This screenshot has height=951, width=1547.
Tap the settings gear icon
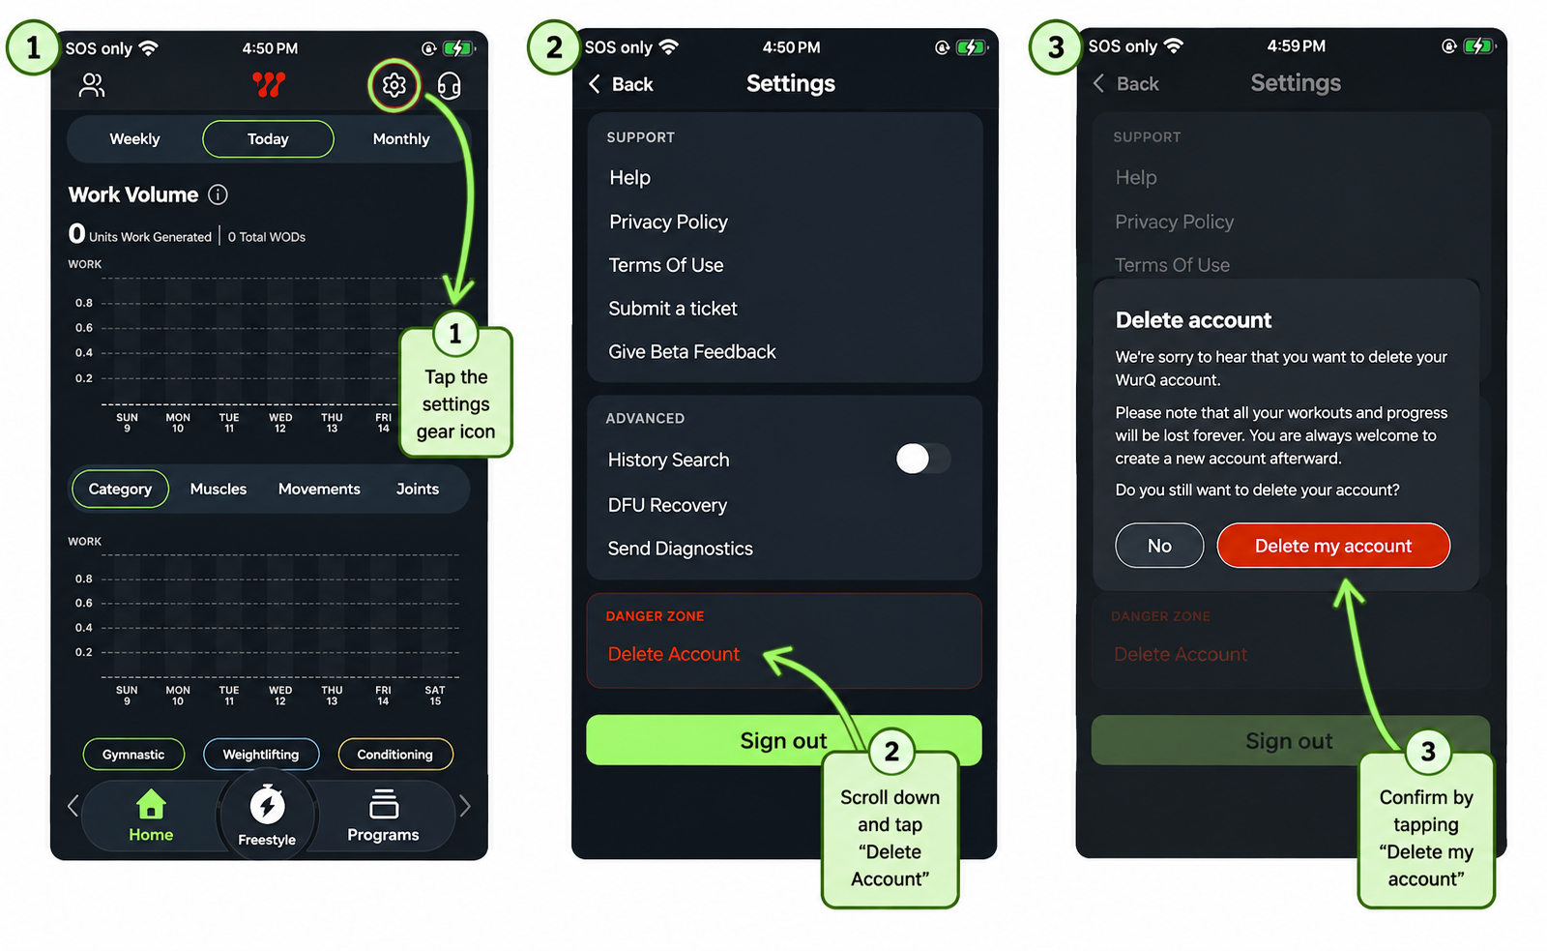[394, 86]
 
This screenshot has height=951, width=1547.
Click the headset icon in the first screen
[449, 86]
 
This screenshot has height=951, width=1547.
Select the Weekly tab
[134, 139]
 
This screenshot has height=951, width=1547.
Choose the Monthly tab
[401, 139]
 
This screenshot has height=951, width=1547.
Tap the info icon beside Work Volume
[218, 194]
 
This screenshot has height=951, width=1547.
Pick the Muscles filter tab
[219, 490]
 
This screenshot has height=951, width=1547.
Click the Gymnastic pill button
[133, 754]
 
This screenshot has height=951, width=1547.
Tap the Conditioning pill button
[395, 754]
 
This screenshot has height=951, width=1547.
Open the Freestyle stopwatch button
[267, 816]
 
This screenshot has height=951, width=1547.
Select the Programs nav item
[383, 817]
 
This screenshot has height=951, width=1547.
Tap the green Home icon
[151, 805]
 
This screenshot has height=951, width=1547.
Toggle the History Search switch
[922, 459]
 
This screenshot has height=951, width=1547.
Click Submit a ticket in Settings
[673, 309]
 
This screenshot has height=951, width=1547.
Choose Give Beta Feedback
[692, 352]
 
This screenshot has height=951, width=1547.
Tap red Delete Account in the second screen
[673, 654]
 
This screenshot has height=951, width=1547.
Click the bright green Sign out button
[784, 740]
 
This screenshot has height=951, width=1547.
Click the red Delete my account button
[1333, 546]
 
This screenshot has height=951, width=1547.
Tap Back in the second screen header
[620, 84]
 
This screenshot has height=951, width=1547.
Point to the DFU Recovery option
[667, 505]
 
